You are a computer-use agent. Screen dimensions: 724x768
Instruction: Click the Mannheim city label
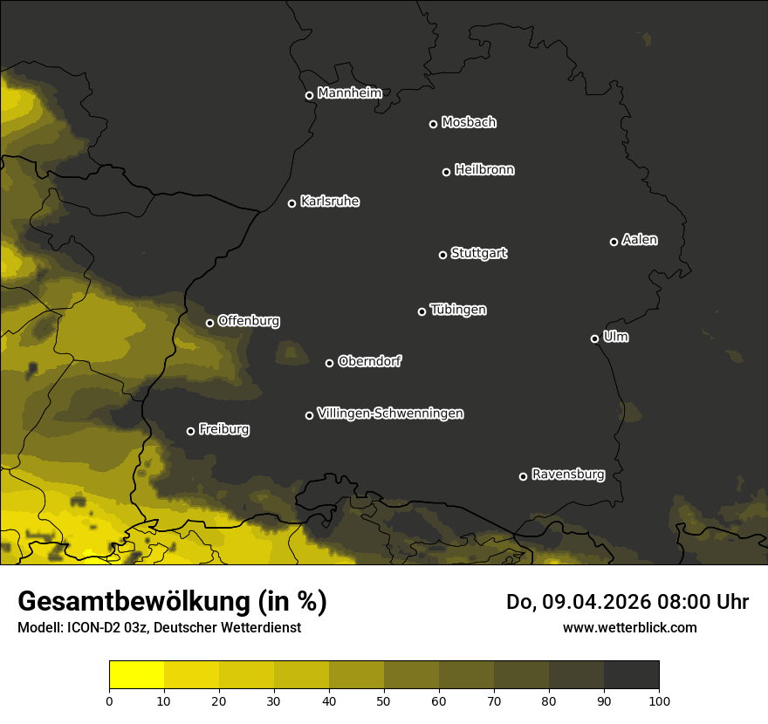(349, 93)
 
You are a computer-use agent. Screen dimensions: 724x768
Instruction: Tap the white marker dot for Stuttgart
(442, 255)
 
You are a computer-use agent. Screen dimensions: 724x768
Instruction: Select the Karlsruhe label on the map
(329, 201)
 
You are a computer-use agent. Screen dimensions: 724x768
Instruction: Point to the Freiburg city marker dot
(190, 431)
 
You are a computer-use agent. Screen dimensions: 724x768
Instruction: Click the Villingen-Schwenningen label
(390, 413)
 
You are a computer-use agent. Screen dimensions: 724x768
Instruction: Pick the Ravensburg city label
(567, 475)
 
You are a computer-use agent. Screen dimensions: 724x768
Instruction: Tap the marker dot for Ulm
(594, 338)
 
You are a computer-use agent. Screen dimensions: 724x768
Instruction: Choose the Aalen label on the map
(639, 240)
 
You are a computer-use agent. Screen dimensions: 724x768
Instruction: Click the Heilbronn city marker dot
(446, 172)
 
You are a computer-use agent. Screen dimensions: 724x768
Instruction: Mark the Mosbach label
(468, 123)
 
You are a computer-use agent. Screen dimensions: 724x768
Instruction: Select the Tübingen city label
(457, 310)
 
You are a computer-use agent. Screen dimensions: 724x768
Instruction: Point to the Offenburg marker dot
(209, 323)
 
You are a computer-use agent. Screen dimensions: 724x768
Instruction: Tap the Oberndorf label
(369, 361)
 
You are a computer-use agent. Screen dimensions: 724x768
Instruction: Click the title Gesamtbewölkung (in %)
(172, 602)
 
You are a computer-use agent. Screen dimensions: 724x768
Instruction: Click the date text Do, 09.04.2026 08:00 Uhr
(627, 602)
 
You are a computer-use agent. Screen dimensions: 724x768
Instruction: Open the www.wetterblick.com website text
(629, 627)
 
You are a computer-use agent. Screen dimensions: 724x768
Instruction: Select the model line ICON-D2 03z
(159, 627)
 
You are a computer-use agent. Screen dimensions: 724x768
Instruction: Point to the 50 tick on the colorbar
(384, 700)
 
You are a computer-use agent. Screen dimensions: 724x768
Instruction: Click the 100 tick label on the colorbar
(659, 700)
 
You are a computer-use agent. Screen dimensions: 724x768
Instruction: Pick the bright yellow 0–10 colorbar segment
(137, 675)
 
